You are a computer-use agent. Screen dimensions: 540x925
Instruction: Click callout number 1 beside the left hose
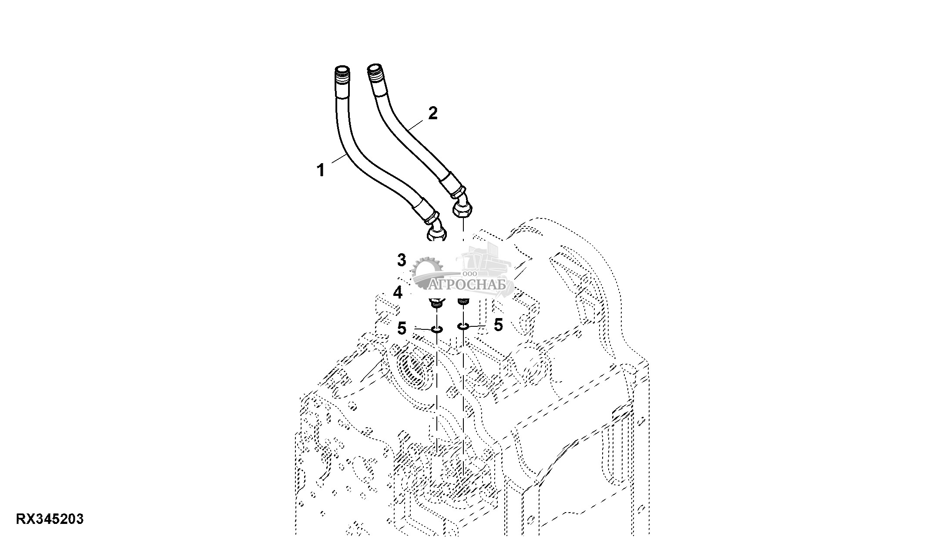click(321, 170)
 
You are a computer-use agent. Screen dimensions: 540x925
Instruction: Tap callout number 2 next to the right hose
click(432, 114)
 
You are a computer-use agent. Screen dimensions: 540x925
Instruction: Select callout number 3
click(401, 260)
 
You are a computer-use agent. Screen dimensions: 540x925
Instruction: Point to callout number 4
click(398, 293)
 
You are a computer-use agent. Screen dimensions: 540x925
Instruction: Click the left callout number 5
click(402, 328)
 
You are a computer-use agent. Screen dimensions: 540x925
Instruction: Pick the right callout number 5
click(498, 325)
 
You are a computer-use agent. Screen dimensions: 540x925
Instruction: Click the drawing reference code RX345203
click(50, 519)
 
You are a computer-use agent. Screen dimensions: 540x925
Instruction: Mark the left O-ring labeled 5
click(437, 329)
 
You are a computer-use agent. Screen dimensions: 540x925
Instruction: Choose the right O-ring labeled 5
click(463, 326)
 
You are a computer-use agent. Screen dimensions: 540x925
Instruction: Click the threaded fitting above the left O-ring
click(436, 302)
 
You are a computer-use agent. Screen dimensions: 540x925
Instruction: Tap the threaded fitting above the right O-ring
click(464, 301)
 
